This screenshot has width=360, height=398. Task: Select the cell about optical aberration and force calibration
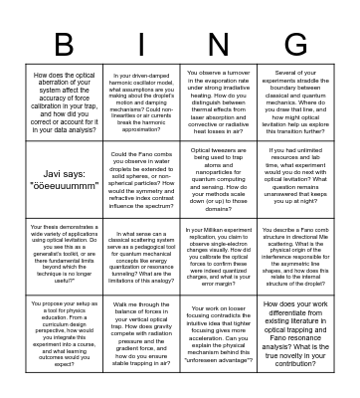[64, 105]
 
